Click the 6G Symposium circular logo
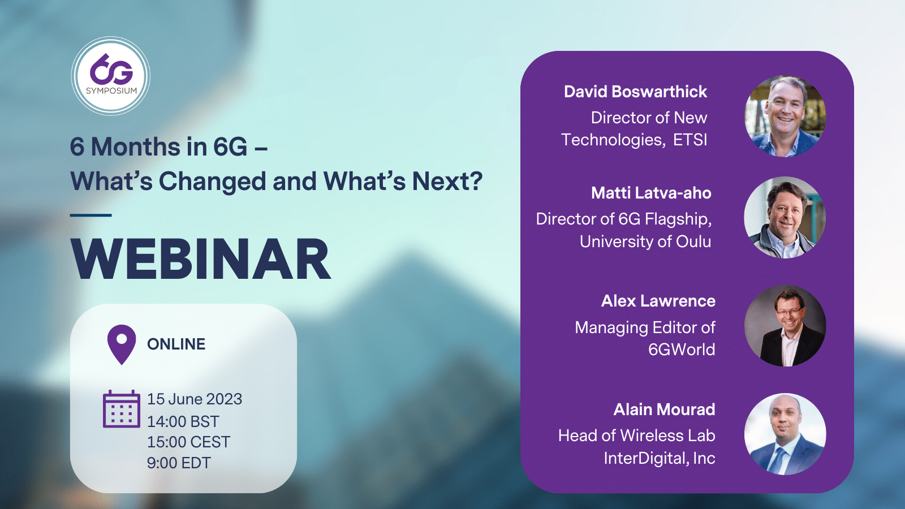click(111, 76)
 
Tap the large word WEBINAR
click(201, 259)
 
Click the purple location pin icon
click(122, 344)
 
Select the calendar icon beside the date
click(122, 409)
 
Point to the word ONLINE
click(176, 344)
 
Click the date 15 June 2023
click(195, 399)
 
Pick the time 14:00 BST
click(183, 422)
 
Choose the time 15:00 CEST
click(189, 442)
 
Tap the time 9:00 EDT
click(179, 463)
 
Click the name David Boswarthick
click(636, 92)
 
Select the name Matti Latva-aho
click(651, 193)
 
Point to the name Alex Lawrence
click(658, 301)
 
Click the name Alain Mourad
click(664, 409)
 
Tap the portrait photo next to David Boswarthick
click(785, 117)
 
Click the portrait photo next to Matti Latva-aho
click(785, 217)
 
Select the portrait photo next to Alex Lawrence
click(785, 326)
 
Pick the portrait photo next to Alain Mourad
click(785, 434)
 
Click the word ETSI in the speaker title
click(690, 140)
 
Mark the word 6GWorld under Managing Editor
click(682, 350)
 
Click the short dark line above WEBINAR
click(91, 215)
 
